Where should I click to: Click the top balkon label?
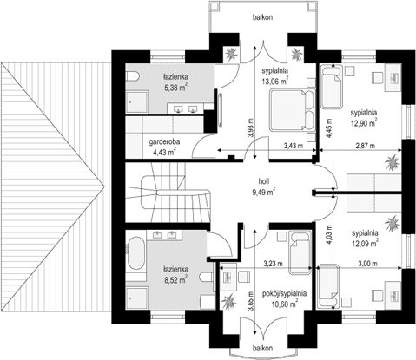click(262, 17)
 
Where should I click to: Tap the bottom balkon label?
click(262, 348)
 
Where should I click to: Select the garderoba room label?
click(164, 141)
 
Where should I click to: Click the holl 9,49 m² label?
click(263, 187)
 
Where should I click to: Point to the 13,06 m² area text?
click(275, 81)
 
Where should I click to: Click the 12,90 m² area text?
click(364, 123)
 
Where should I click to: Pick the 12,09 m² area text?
click(365, 244)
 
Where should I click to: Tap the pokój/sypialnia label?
click(284, 293)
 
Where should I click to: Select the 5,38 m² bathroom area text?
click(175, 88)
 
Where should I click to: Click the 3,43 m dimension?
click(294, 146)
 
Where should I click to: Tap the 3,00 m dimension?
click(367, 264)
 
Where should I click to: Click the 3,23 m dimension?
click(273, 264)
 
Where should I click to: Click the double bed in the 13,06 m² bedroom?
click(292, 110)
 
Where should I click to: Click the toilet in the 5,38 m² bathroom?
click(133, 77)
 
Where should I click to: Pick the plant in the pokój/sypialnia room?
click(229, 302)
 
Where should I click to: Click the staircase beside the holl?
click(176, 193)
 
